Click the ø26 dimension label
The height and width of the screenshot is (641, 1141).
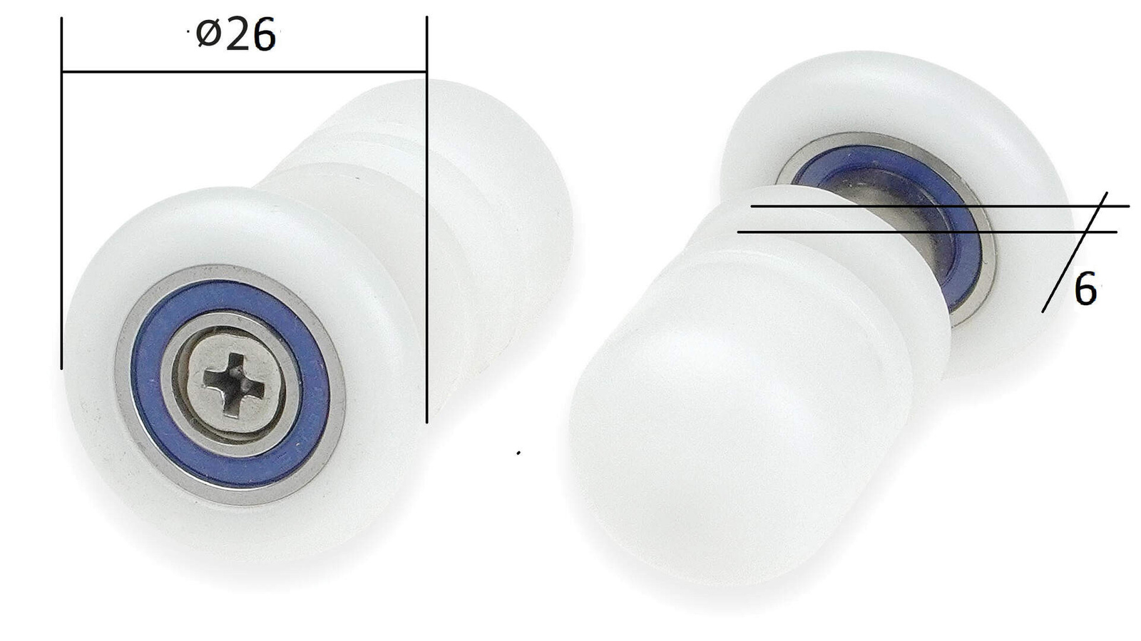coord(236,34)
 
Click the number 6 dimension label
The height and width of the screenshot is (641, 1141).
coord(1085,289)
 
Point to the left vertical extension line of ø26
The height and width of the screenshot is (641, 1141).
coord(61,193)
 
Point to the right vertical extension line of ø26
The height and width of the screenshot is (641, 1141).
coord(427,220)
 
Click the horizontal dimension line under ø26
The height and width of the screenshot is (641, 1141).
coord(244,72)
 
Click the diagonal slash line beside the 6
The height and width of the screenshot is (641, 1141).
coord(1075,252)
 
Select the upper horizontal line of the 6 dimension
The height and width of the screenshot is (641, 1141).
coord(940,206)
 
